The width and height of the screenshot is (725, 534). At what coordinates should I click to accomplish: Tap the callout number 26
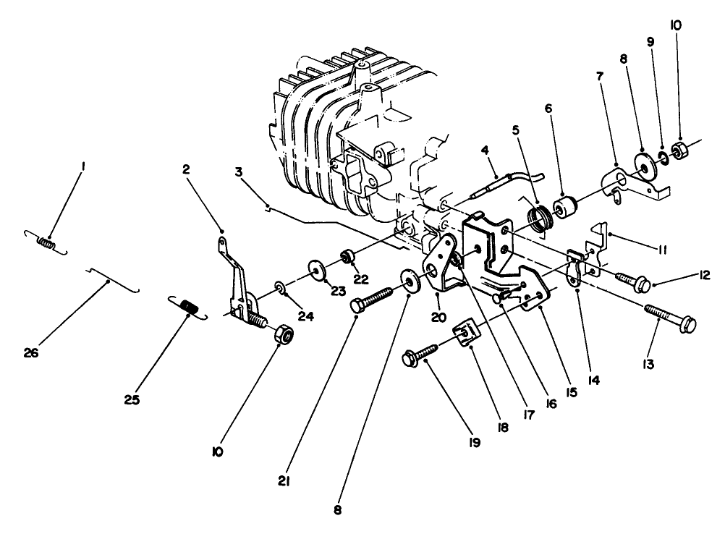coord(30,353)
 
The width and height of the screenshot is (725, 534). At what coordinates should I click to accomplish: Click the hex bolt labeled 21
coord(373,299)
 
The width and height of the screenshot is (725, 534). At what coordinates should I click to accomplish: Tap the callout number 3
coord(237,171)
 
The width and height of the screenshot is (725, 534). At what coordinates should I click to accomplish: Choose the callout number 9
coord(650,42)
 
